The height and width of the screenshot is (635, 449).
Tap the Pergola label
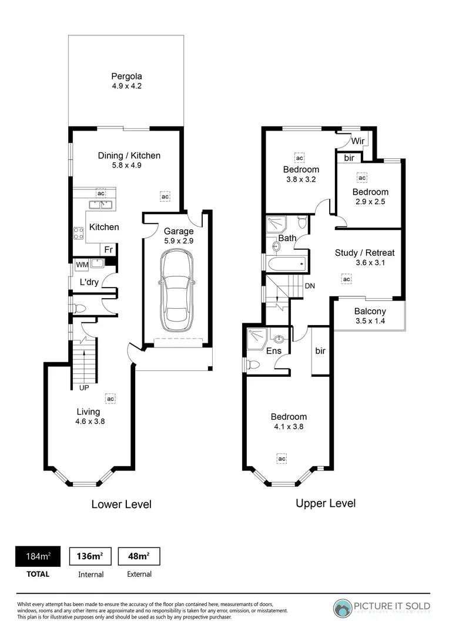pos(127,76)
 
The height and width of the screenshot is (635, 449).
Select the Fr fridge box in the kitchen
pos(109,250)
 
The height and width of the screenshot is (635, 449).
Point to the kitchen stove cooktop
pos(78,232)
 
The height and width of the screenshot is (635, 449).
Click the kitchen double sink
pos(101,205)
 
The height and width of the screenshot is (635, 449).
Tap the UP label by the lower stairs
pos(84,387)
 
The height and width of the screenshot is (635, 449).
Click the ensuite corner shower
pos(257,337)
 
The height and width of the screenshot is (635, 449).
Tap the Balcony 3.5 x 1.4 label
pos(370,316)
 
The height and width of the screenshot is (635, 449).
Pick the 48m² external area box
pos(139,556)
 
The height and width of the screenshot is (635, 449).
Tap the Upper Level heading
pos(325,503)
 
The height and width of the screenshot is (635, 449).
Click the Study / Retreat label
pos(364,253)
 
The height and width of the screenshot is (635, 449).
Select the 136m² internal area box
pos(91,556)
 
